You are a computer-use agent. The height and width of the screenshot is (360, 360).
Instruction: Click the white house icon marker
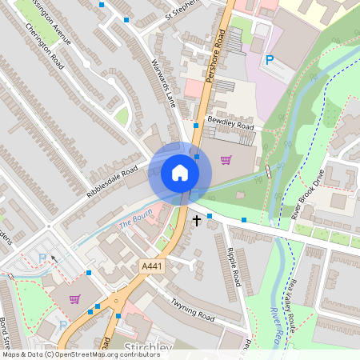click(x=180, y=172)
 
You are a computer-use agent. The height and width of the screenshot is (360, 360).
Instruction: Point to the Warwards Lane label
click(x=163, y=84)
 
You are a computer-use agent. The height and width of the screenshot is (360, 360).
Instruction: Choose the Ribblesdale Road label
click(x=111, y=183)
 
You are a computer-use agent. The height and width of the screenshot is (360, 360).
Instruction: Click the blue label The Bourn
click(x=135, y=224)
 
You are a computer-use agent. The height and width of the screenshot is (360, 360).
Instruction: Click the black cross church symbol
click(x=196, y=218)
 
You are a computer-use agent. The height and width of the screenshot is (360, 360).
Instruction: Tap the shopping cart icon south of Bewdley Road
click(x=226, y=159)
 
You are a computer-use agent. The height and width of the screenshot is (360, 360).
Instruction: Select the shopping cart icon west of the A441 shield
click(x=74, y=299)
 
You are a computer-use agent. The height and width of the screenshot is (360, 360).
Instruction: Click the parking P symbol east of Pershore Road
click(x=270, y=59)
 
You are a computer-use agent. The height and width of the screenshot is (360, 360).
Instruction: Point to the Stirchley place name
click(x=148, y=348)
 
